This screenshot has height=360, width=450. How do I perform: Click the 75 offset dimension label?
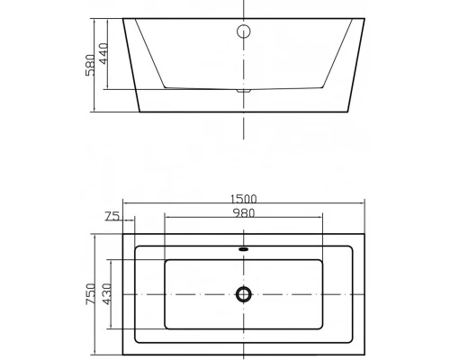point(112,216)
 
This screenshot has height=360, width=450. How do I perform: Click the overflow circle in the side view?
point(243,33)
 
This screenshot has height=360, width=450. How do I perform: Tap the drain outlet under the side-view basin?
point(243,91)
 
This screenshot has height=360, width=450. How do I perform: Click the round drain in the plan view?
point(243,293)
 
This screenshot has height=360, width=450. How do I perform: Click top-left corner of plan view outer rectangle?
point(121,233)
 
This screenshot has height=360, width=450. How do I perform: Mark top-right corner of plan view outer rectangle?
point(365,233)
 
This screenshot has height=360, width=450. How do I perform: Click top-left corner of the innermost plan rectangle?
point(165,261)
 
